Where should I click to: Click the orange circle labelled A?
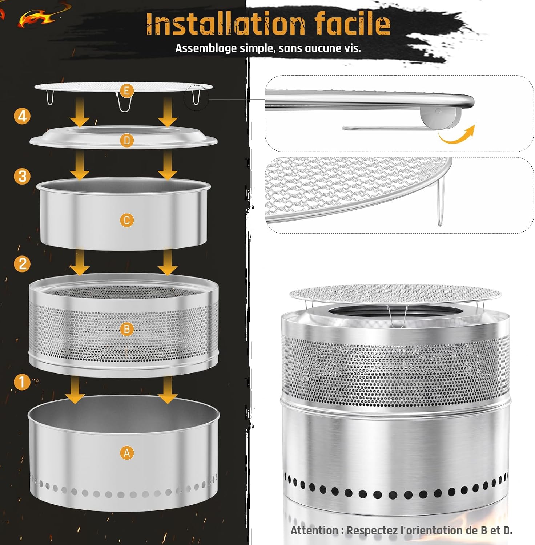pyautogui.click(x=127, y=453)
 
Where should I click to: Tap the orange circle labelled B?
pyautogui.click(x=127, y=329)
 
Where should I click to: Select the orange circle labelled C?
pyautogui.click(x=127, y=220)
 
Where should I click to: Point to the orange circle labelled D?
pyautogui.click(x=127, y=141)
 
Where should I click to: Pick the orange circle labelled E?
pyautogui.click(x=127, y=90)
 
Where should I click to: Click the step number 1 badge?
pyautogui.click(x=22, y=382)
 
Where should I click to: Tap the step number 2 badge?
pyautogui.click(x=22, y=264)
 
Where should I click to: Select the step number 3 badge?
pyautogui.click(x=22, y=176)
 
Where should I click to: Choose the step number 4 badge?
pyautogui.click(x=22, y=116)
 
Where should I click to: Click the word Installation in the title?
pyautogui.click(x=225, y=24)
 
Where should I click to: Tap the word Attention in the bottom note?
pyautogui.click(x=314, y=530)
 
